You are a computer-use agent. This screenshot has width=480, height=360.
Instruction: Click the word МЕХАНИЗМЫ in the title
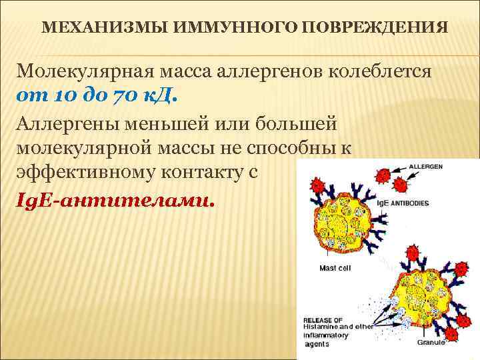tap(90, 29)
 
